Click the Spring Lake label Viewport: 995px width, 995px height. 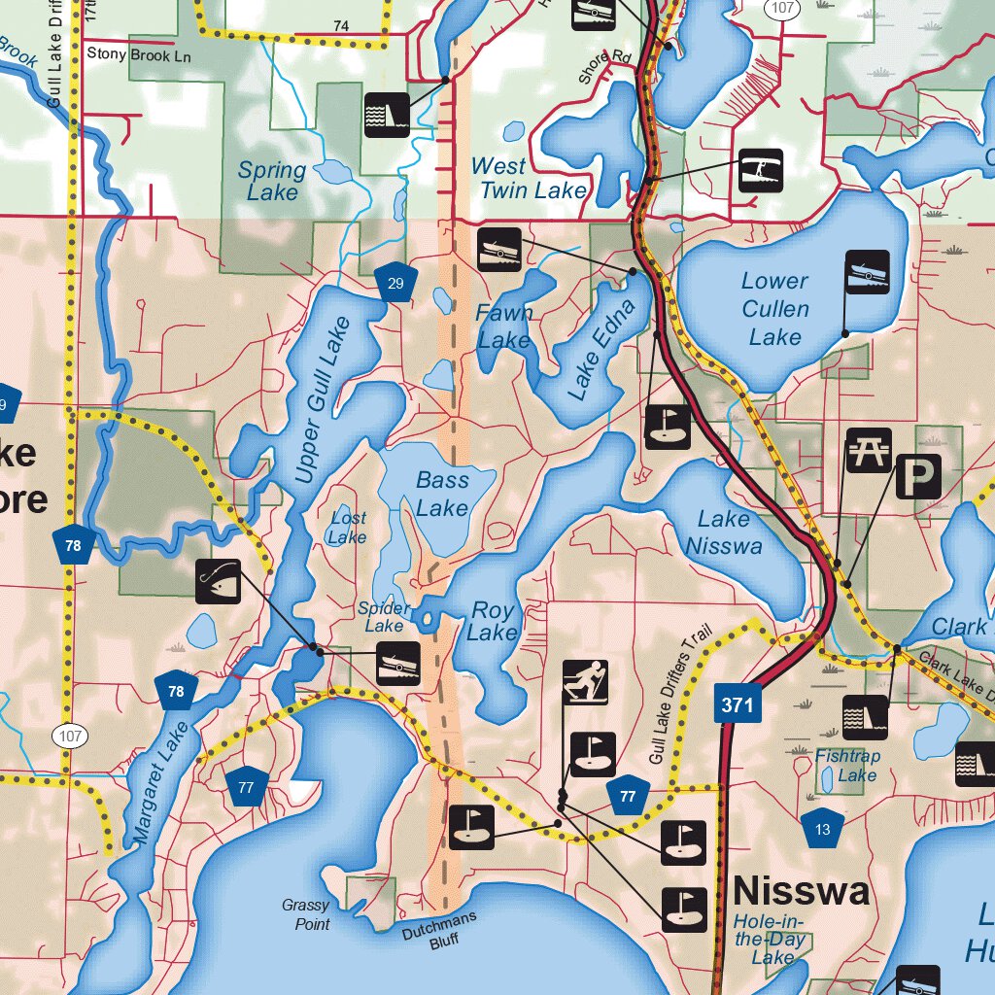tap(272, 181)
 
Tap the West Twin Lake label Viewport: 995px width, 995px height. tap(531, 179)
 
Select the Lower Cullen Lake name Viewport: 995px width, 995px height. tap(774, 309)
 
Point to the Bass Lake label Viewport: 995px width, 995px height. tap(442, 494)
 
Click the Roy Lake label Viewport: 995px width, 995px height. tap(493, 621)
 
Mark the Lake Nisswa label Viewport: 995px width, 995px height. tap(724, 532)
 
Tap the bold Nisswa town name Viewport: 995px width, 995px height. tap(802, 890)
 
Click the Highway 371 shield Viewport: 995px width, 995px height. tap(738, 703)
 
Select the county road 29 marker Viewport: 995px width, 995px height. tap(395, 283)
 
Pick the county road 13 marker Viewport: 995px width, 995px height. tap(823, 828)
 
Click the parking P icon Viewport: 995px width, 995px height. tap(917, 476)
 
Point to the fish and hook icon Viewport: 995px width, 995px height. tap(218, 582)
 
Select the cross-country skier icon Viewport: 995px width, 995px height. tap(585, 682)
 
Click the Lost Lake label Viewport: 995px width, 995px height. tap(347, 528)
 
